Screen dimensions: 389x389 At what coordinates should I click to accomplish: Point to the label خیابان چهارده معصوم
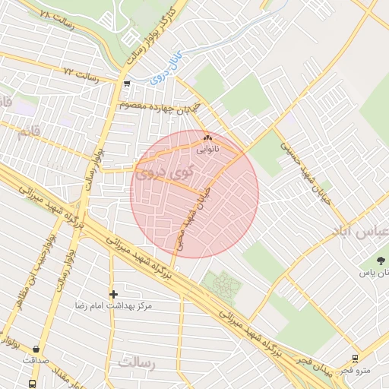coord(160,106)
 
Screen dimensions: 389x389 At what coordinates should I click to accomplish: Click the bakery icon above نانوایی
coord(207,138)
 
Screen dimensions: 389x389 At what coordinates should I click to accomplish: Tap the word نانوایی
coord(207,150)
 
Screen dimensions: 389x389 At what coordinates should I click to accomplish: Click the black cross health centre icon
coord(113,293)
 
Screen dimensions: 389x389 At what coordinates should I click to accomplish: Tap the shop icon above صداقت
coord(36,349)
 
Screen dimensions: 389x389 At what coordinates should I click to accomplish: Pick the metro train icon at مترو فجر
coord(355,359)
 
